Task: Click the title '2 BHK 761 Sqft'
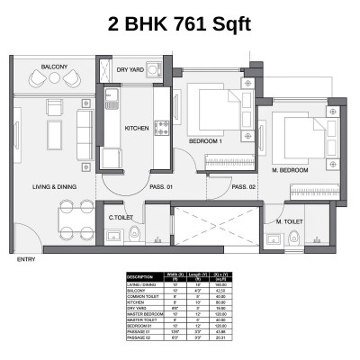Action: (179, 22)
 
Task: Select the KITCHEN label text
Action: (136, 128)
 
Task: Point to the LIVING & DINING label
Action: (54, 186)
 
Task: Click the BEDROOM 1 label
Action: (207, 142)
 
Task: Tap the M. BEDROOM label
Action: (290, 169)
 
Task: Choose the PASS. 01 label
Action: (163, 186)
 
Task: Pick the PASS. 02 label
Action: (244, 186)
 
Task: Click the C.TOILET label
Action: (121, 217)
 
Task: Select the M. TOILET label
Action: (289, 220)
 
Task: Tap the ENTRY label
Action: (25, 260)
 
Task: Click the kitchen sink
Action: (112, 94)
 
